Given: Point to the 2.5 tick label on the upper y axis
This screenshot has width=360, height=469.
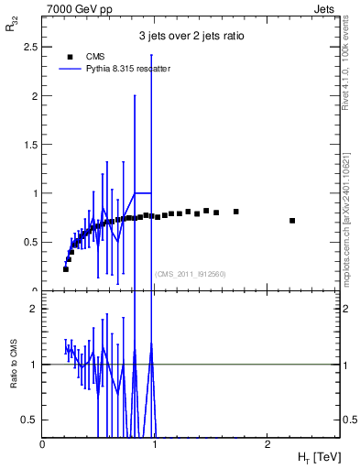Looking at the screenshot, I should coord(30,47).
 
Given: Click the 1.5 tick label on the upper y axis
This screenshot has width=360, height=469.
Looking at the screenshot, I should coord(30,145).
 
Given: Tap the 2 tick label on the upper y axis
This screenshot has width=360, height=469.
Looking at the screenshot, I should coord(35,96).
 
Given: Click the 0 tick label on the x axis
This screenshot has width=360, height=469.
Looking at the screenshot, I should coord(43,445).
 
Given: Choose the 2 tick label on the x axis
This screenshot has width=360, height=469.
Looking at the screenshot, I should coord(267,445).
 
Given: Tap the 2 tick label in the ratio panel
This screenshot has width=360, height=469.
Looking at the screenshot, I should coord(35,310).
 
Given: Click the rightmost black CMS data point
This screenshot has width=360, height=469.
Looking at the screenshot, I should coord(292,221).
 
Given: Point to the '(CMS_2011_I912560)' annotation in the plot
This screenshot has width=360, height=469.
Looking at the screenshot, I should coord(191,274).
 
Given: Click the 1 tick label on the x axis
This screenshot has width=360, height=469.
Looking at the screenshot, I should coord(155,445).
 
